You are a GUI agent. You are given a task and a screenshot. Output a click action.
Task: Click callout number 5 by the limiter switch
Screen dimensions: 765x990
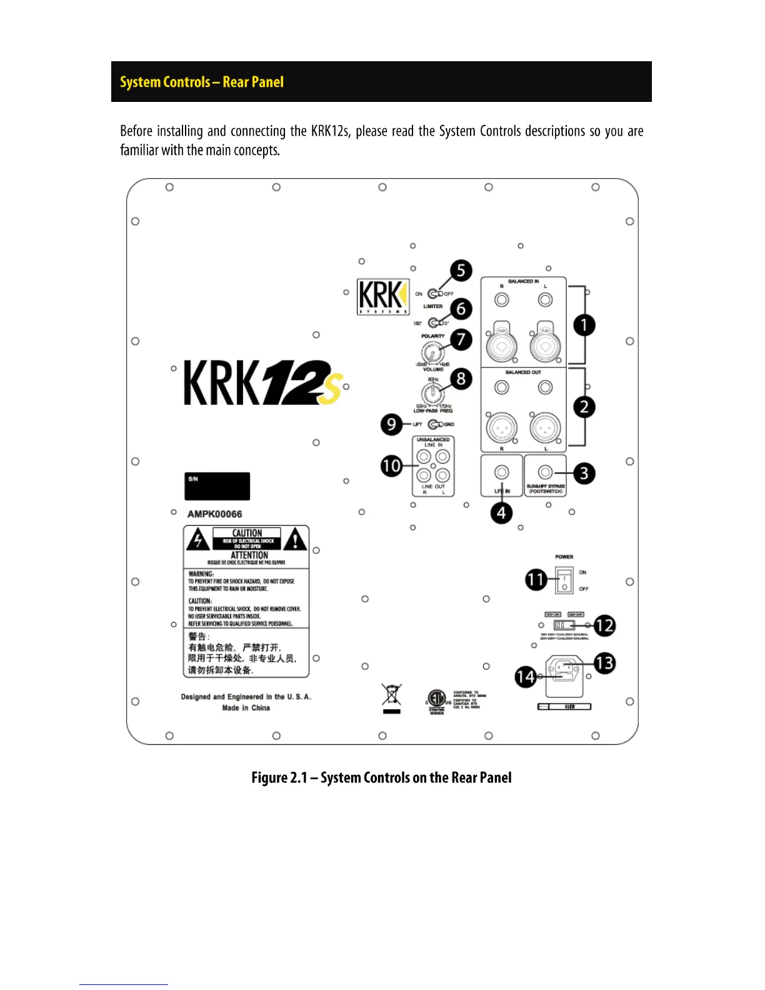coord(461,271)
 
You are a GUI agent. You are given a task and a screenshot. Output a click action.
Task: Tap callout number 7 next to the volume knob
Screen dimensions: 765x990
coord(461,339)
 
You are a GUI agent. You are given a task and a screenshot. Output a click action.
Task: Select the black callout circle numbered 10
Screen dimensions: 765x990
coord(391,466)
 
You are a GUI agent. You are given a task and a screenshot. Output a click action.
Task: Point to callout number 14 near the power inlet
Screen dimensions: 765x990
coord(526,676)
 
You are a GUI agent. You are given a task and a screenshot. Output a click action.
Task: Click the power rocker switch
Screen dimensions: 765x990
coord(564,580)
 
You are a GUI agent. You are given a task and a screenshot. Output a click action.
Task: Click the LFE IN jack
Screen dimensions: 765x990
coord(501,472)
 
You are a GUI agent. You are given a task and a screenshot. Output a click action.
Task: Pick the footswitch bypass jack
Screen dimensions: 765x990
coord(546,472)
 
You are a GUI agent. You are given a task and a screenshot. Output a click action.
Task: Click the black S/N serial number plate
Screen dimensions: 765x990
coord(217,486)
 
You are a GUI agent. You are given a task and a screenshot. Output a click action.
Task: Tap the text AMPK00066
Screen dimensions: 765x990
coord(214,514)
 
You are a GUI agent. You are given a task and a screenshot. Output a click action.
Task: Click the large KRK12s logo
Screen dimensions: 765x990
coord(262,383)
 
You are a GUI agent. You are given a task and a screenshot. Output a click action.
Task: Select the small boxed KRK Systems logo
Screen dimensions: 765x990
coord(382,296)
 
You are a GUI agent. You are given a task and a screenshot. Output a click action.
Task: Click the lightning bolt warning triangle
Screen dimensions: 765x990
coord(198,539)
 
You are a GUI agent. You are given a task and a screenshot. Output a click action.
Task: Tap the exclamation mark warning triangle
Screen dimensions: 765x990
coord(296,539)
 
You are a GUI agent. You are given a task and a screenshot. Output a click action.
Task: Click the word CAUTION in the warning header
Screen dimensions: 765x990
coord(247,533)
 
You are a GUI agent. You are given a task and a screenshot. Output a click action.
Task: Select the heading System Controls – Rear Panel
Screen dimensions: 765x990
coord(201,82)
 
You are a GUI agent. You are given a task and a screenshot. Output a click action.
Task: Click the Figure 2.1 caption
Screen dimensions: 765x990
coord(381,777)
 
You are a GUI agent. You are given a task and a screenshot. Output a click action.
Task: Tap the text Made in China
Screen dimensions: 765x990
coord(246,708)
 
